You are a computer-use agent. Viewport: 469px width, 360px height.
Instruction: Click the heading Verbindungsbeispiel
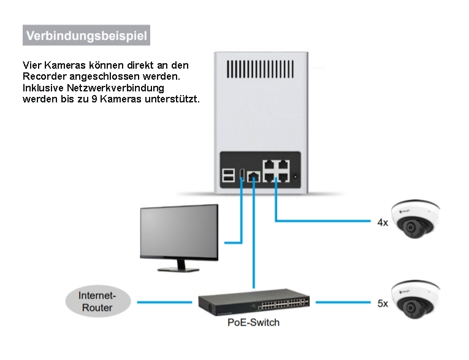click(x=86, y=35)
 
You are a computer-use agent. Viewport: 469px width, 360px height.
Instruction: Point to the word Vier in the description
click(x=32, y=65)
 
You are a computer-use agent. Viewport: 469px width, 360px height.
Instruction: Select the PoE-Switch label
click(x=253, y=322)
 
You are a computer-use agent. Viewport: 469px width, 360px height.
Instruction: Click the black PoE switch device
click(x=254, y=302)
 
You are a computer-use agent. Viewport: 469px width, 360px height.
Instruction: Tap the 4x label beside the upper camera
click(x=382, y=222)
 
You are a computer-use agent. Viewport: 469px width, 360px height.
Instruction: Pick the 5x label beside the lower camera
click(x=382, y=303)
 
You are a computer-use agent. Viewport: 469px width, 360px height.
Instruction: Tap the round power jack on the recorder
click(x=296, y=177)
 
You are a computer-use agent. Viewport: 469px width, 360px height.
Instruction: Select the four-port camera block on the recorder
click(x=275, y=171)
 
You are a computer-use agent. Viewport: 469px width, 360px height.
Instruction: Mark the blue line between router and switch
click(x=164, y=302)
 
